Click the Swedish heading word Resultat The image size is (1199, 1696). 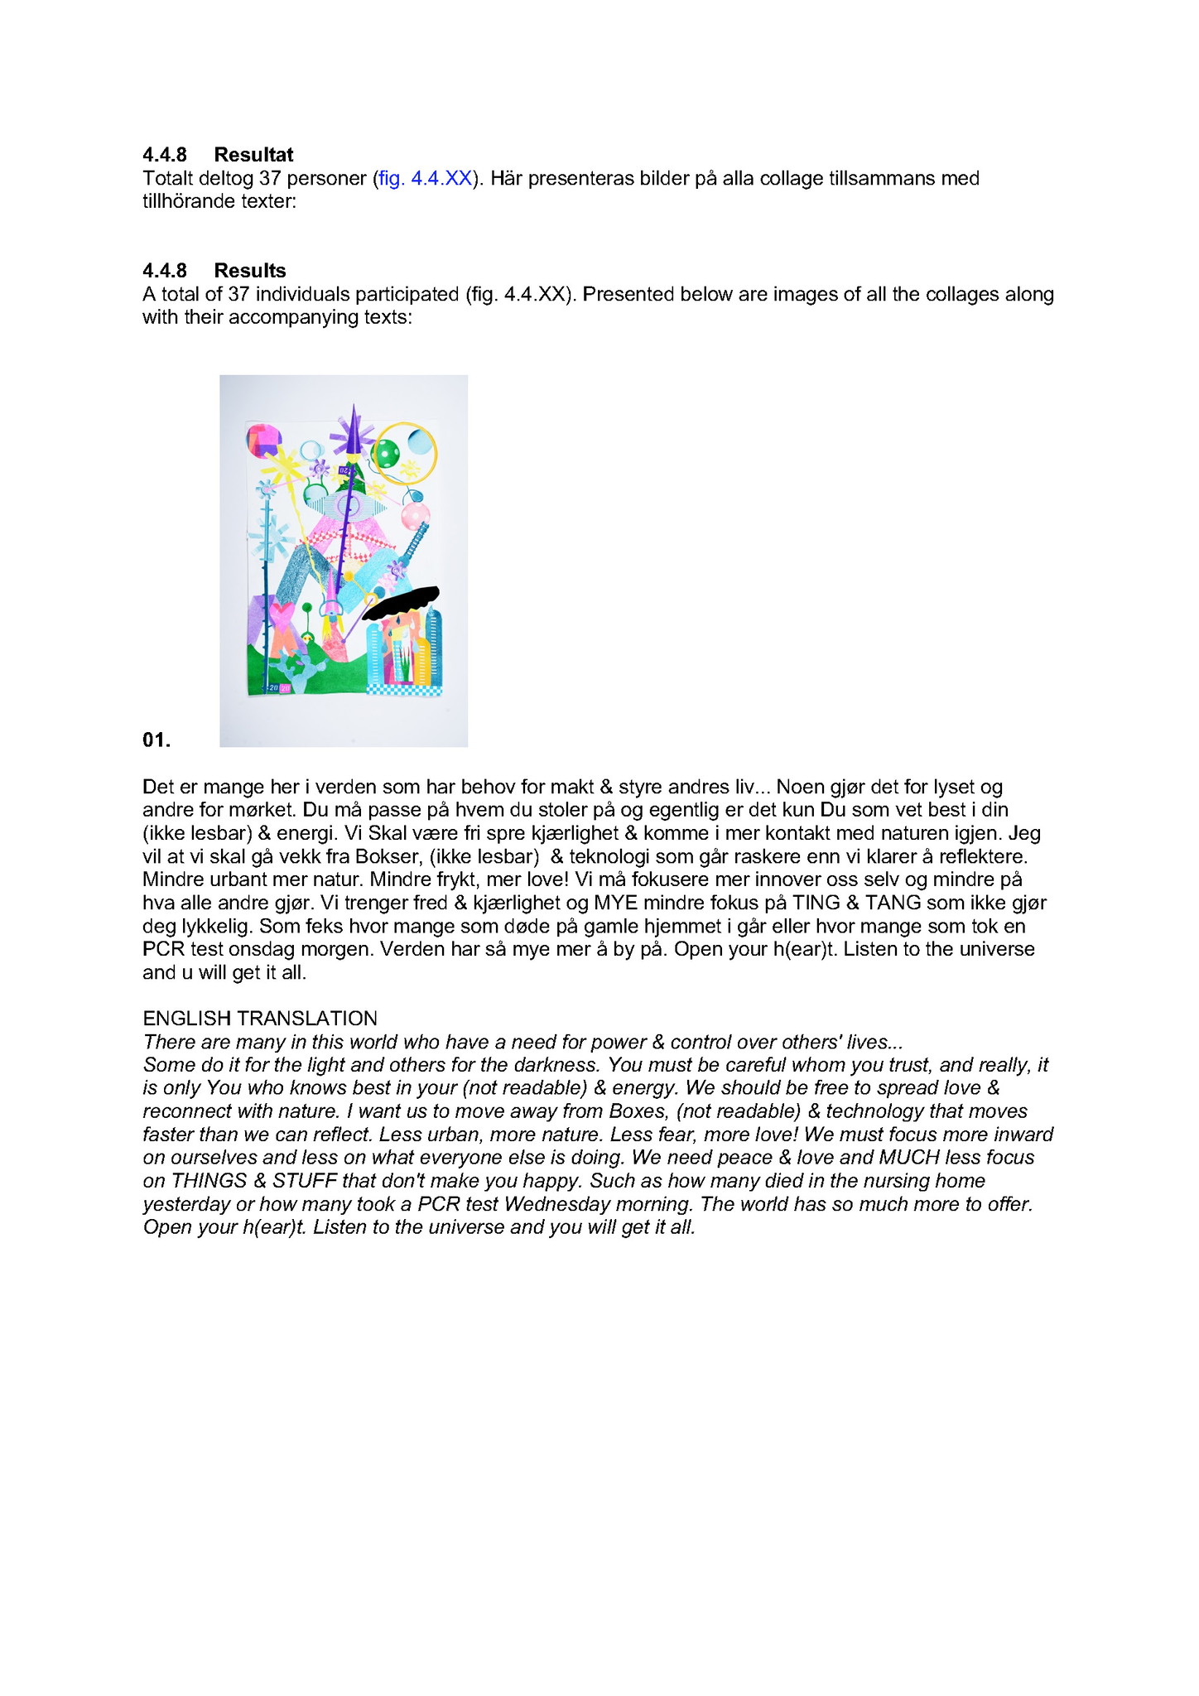point(253,155)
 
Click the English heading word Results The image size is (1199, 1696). point(250,271)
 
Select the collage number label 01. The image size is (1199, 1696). point(156,740)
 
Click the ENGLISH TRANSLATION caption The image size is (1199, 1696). point(260,1018)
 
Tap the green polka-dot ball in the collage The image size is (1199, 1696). point(386,453)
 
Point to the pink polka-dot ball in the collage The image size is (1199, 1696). point(415,515)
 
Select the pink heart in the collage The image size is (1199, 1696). point(282,617)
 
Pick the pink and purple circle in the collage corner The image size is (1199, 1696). point(263,440)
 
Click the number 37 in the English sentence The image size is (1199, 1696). point(238,294)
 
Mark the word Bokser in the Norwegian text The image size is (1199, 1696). point(387,856)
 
